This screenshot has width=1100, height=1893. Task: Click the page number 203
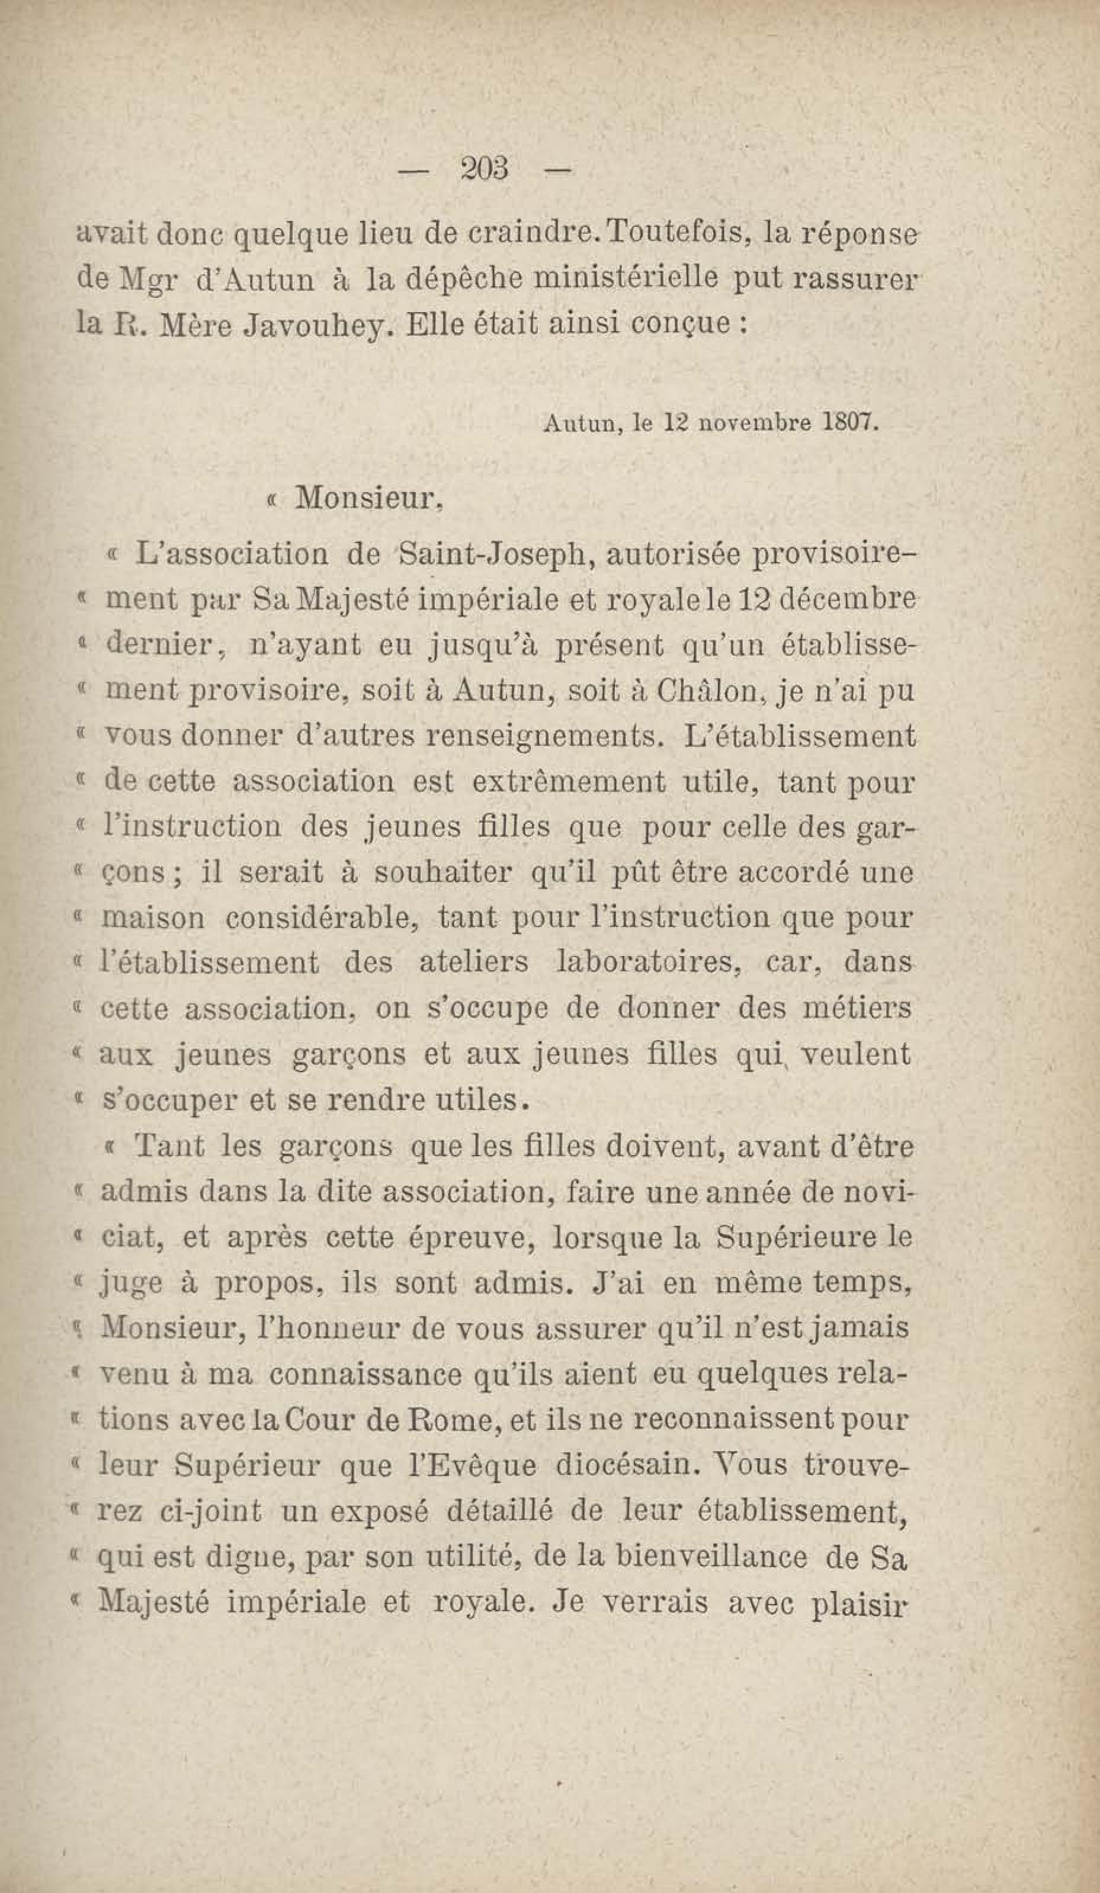(x=485, y=168)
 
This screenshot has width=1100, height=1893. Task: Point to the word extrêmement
(x=569, y=782)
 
